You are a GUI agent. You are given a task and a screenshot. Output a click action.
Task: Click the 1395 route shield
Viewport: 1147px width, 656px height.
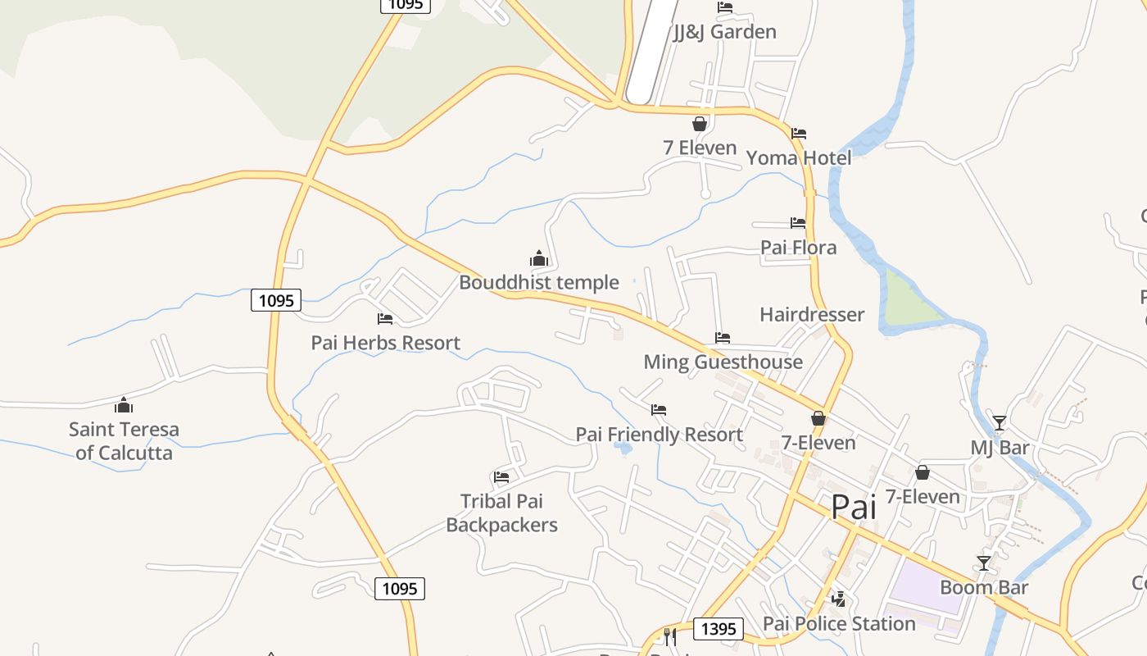point(719,629)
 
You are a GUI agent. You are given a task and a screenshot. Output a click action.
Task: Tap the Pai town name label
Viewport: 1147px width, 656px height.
point(854,507)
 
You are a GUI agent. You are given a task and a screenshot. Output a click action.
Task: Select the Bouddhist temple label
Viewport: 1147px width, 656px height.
point(538,283)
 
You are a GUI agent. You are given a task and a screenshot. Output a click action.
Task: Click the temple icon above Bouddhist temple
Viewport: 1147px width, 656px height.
point(538,258)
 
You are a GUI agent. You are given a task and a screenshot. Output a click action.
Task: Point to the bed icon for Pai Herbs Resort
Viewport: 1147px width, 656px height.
point(385,318)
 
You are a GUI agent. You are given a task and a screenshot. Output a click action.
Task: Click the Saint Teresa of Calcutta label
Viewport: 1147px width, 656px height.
point(124,441)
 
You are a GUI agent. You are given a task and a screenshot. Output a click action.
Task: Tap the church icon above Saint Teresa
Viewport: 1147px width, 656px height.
point(124,405)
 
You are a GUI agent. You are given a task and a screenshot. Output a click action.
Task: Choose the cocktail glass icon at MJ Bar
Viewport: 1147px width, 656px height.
point(999,422)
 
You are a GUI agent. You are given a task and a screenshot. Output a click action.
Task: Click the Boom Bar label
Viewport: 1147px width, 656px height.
point(984,587)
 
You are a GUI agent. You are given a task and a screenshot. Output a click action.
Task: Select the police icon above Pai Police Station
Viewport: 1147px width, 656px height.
point(838,599)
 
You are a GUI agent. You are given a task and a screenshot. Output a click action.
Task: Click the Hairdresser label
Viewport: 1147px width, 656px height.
point(811,315)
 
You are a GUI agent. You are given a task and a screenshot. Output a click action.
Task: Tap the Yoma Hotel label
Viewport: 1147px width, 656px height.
point(799,157)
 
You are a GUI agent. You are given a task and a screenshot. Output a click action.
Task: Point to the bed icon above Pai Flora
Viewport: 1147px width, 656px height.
point(798,222)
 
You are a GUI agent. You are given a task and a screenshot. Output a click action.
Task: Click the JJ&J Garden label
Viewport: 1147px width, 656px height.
point(725,32)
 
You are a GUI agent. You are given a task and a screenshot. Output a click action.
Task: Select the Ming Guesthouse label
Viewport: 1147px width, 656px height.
point(723,362)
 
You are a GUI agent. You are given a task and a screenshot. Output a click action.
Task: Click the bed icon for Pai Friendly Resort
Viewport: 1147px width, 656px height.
point(659,409)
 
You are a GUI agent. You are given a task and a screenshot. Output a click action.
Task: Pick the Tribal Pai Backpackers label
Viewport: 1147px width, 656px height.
point(501,513)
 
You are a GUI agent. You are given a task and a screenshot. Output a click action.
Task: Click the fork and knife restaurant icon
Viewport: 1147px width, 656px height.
point(670,636)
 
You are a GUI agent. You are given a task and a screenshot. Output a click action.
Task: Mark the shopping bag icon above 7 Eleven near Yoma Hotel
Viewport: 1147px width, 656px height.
point(700,124)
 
